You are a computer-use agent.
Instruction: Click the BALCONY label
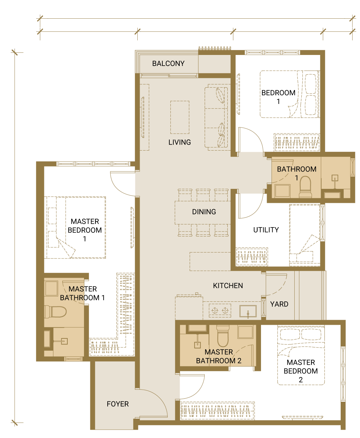[168, 63]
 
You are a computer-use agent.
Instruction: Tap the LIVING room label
[180, 142]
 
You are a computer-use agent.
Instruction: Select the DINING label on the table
[204, 212]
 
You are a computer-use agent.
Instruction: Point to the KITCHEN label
[228, 285]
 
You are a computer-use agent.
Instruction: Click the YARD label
[279, 304]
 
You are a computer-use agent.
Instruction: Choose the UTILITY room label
[266, 230]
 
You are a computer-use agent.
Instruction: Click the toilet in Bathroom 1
[305, 187]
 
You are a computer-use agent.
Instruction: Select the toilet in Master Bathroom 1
[55, 311]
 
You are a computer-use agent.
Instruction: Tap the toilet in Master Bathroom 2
[223, 336]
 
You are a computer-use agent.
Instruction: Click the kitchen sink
[248, 311]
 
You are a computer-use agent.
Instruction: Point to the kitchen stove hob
[220, 310]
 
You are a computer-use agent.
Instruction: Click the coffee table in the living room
[180, 117]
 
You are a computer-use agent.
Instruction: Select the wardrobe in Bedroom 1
[297, 142]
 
